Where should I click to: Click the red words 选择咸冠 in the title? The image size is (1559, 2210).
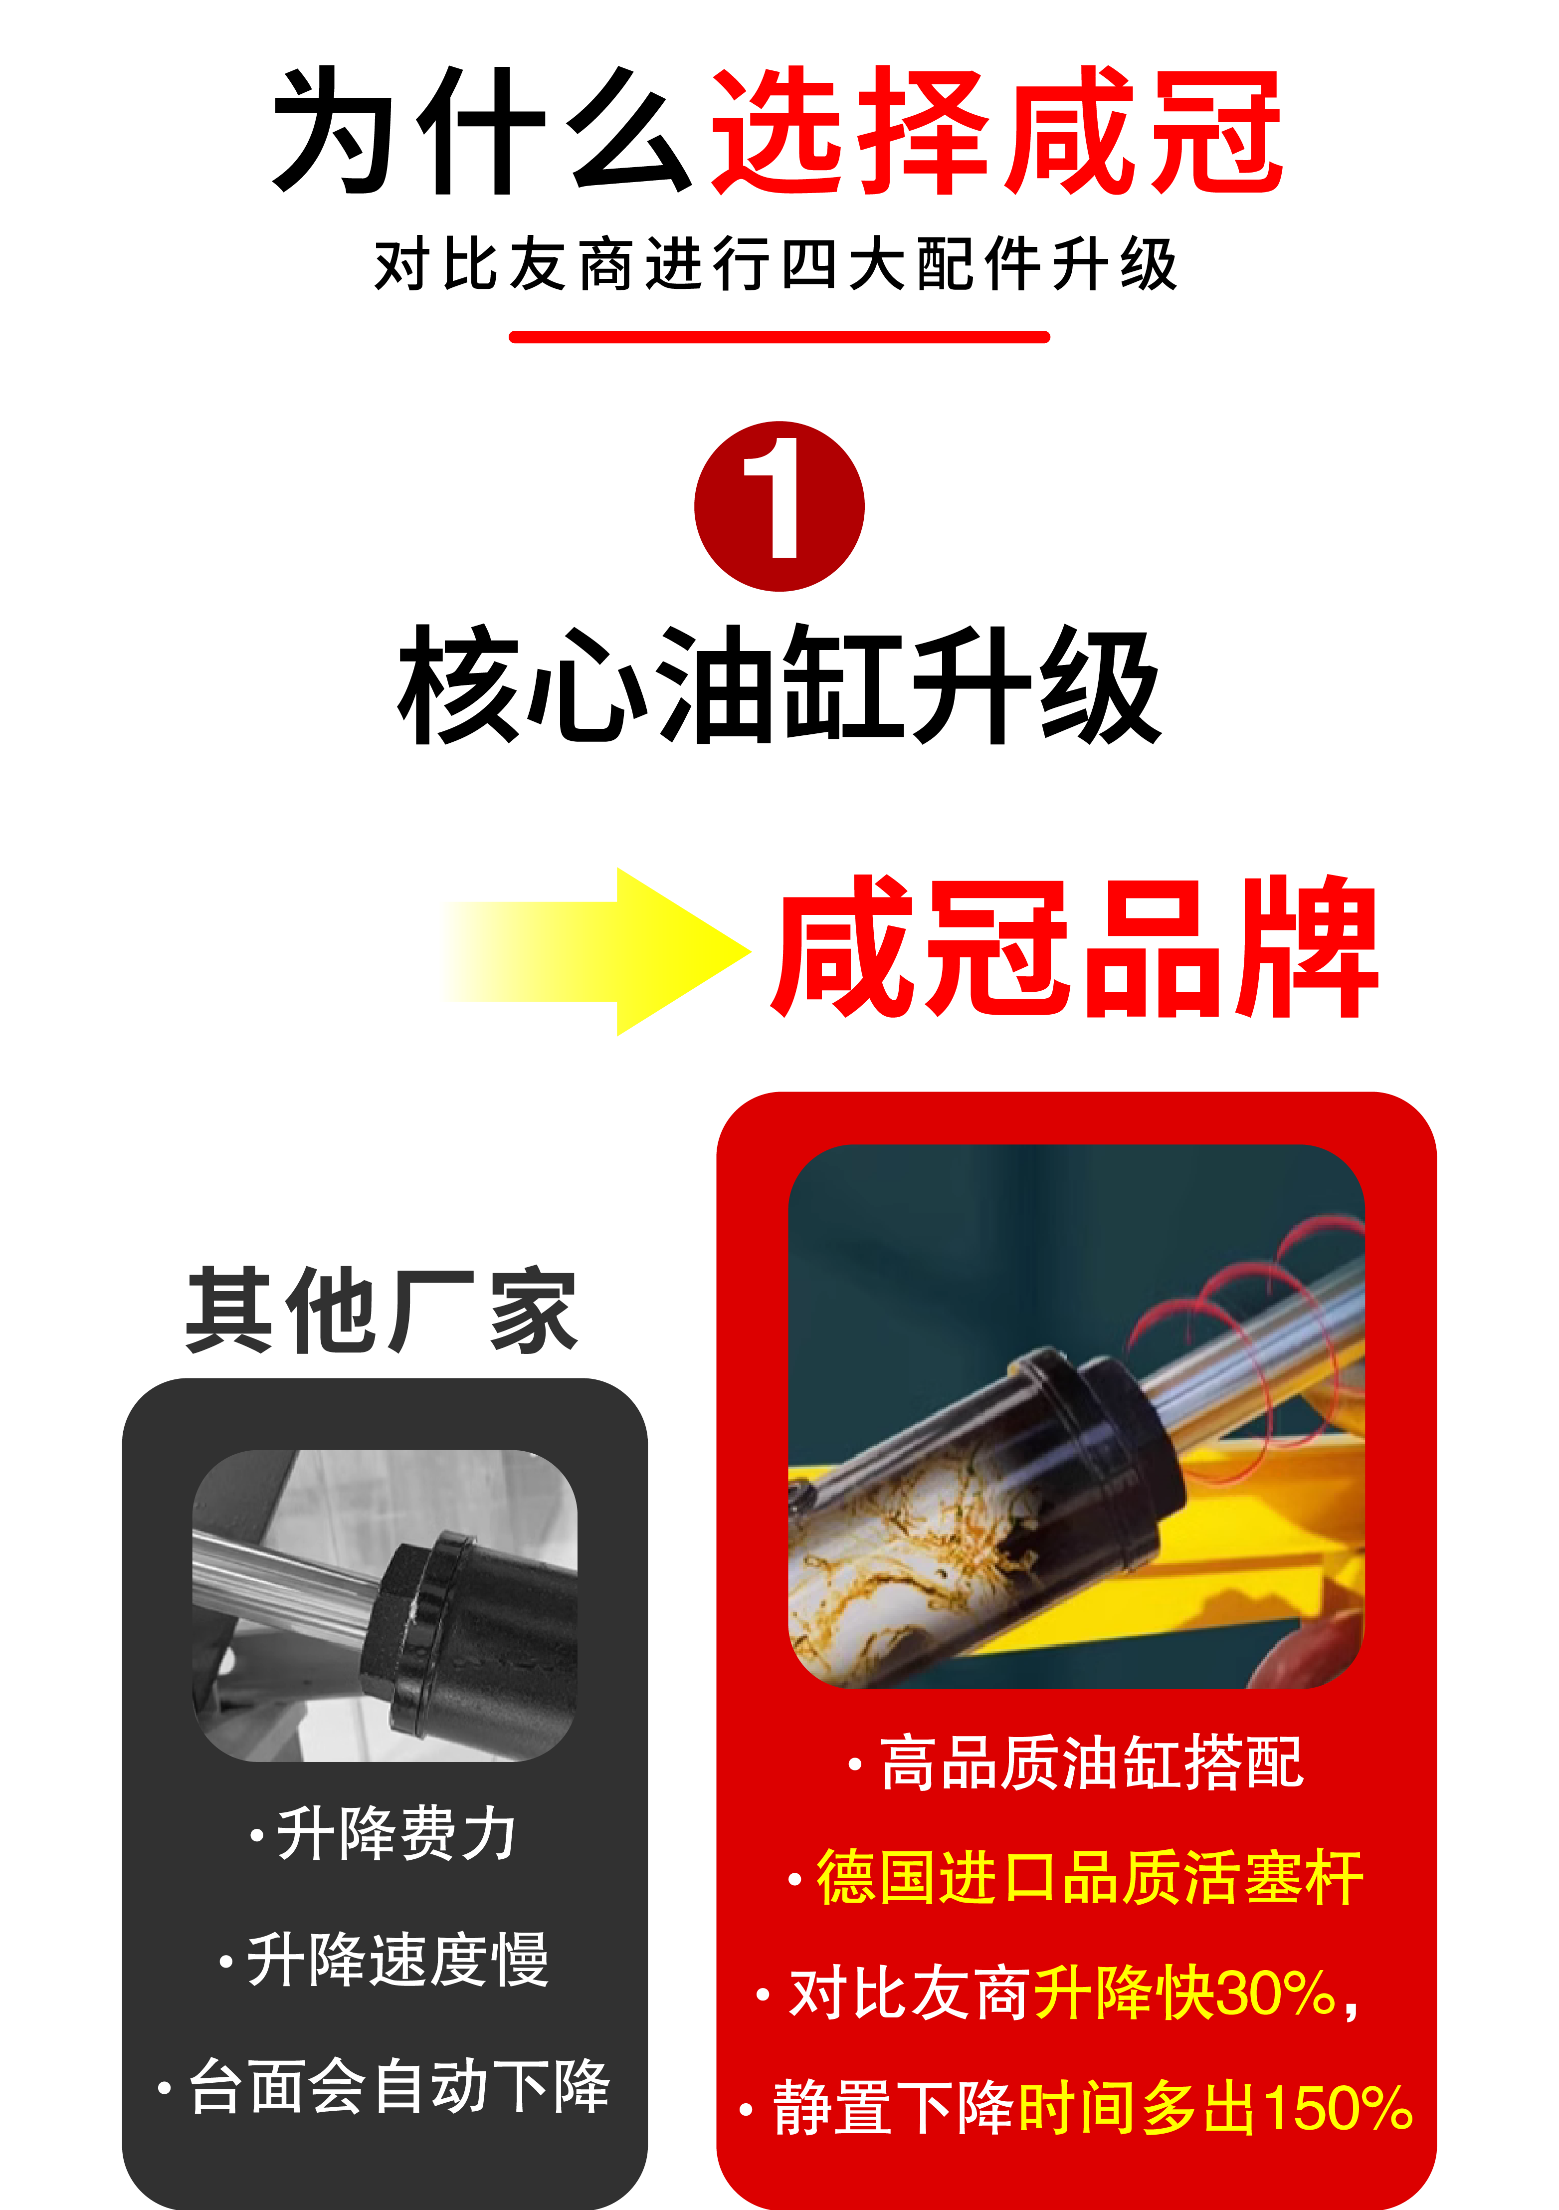996,132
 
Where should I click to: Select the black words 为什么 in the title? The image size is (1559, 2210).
481,132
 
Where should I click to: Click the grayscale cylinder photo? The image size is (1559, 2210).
385,1605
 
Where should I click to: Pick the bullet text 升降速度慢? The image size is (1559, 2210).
396,1960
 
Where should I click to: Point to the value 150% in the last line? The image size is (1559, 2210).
1338,2108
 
